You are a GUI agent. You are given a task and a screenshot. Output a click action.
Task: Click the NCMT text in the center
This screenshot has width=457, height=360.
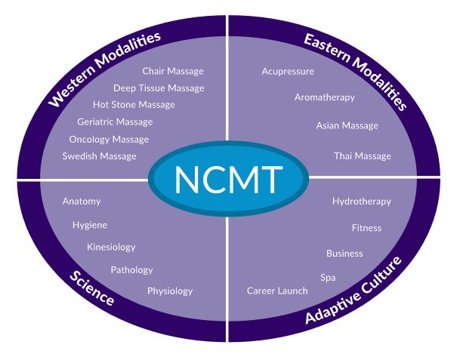click(x=229, y=180)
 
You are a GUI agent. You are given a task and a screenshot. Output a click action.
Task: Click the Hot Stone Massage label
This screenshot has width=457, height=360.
click(x=134, y=104)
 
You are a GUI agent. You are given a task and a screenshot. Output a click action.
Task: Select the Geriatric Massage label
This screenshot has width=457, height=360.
click(x=115, y=122)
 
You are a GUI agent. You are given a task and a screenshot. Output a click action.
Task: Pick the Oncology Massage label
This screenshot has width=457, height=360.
click(x=109, y=139)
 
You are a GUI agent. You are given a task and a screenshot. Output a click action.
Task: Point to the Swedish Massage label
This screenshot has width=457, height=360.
click(x=100, y=156)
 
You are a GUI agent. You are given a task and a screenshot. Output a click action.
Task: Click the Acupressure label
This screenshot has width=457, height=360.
click(x=288, y=72)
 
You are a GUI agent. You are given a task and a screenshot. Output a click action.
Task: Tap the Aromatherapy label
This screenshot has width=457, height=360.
click(x=324, y=97)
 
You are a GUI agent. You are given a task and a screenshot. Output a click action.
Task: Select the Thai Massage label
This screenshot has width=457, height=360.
click(x=363, y=156)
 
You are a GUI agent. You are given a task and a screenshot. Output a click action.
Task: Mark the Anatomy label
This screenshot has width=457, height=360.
click(x=82, y=202)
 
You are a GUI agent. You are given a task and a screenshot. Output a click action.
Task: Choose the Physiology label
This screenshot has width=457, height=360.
click(x=170, y=291)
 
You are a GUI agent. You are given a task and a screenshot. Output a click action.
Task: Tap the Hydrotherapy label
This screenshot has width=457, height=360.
click(x=362, y=202)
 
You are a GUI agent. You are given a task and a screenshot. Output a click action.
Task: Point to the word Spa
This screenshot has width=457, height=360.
click(x=328, y=278)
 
